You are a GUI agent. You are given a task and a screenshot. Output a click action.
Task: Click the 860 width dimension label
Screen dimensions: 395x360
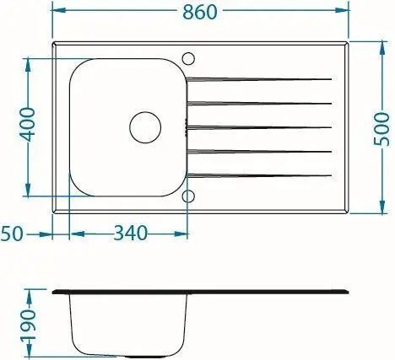200,12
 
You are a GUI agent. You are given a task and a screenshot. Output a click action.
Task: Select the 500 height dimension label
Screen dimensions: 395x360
381,129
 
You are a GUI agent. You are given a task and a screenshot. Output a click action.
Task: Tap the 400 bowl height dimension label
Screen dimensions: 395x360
27,124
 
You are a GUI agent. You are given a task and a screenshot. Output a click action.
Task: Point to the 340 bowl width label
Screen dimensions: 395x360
130,233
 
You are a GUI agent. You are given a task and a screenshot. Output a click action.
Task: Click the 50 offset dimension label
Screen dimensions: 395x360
12,234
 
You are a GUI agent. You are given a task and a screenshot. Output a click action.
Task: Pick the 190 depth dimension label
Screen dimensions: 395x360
29,325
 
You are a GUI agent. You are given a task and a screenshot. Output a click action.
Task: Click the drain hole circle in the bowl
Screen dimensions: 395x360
145,127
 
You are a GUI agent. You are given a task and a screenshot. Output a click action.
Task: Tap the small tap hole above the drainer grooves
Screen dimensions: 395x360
188,58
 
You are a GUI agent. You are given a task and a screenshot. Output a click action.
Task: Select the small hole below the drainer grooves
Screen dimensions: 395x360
188,196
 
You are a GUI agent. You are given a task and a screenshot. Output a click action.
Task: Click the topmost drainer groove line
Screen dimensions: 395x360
259,79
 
